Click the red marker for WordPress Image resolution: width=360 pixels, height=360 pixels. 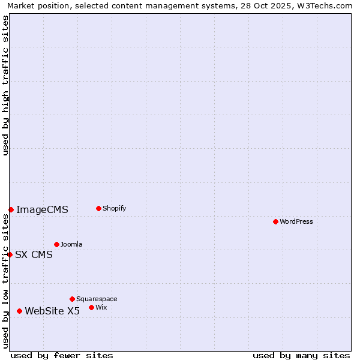tap(275, 221)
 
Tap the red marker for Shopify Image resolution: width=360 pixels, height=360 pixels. tap(98, 208)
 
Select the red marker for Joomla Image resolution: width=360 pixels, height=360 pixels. tap(56, 244)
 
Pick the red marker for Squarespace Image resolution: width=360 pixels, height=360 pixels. tap(72, 299)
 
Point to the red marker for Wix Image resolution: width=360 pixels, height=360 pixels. tap(91, 307)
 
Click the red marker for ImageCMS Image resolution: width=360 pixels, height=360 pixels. tap(11, 209)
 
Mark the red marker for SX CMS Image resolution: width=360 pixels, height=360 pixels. tap(10, 254)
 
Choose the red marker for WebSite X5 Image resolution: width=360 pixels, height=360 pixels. tap(19, 311)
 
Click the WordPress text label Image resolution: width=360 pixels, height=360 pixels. tap(296, 221)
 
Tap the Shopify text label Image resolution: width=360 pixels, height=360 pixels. tap(115, 208)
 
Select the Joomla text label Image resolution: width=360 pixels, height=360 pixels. tap(71, 244)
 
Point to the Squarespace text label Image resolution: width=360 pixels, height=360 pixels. tap(97, 299)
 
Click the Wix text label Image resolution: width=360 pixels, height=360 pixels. tap(101, 307)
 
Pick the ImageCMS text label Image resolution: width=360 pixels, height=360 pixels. tap(42, 209)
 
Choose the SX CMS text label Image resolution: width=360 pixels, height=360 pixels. tap(34, 254)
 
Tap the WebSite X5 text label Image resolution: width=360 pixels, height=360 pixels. tap(52, 311)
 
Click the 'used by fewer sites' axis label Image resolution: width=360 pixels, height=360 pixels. tap(62, 355)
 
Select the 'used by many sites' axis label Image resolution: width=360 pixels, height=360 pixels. tap(301, 355)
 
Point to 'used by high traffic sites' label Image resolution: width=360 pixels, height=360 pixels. tap(5, 85)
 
